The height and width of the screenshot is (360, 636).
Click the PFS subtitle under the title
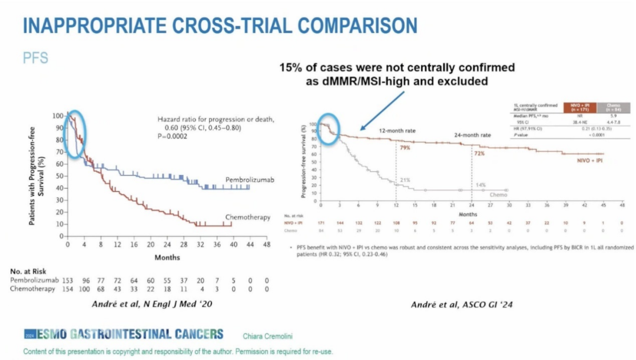tap(35, 58)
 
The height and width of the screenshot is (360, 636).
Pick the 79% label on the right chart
tap(405, 148)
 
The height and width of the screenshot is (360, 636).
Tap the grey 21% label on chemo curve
tap(406, 180)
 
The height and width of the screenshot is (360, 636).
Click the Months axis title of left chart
tap(167, 257)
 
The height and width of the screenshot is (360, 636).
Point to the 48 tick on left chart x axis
tap(266, 245)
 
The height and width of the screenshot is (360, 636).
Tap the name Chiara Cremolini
tap(267, 336)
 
